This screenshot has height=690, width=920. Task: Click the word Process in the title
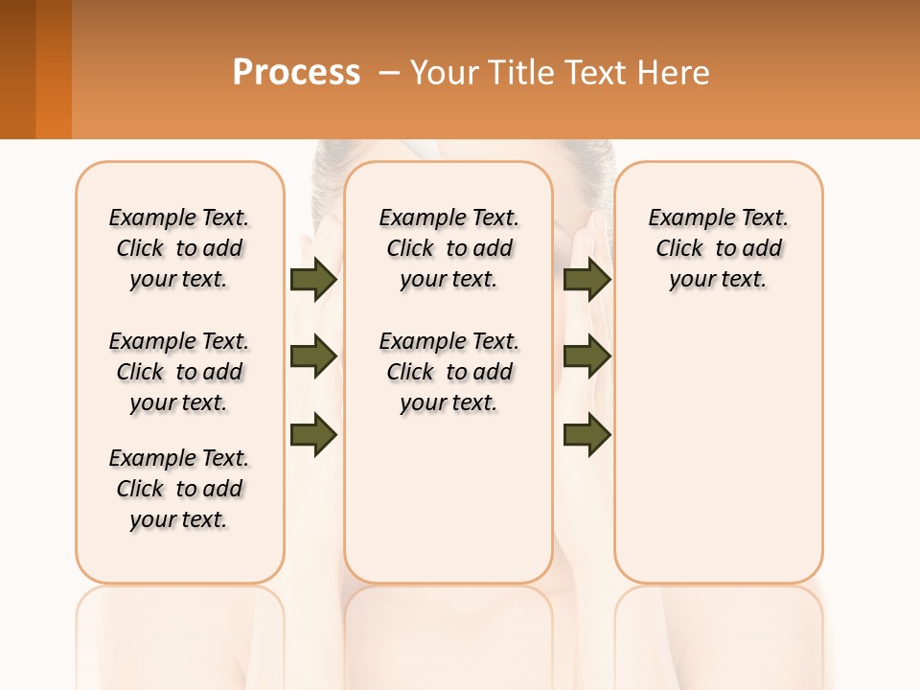296,72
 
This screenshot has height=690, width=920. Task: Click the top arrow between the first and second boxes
313,279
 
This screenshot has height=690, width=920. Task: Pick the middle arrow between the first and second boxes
313,356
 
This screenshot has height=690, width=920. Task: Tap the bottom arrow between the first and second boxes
313,434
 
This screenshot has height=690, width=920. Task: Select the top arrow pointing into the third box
586,279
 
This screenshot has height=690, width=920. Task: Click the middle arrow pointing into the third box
586,356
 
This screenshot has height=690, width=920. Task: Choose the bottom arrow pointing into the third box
586,434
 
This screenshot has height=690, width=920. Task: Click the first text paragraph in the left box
179,248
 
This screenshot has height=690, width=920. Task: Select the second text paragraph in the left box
179,372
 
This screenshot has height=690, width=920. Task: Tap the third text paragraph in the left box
179,489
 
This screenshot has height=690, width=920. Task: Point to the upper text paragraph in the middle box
448,248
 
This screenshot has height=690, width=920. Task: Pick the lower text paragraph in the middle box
448,372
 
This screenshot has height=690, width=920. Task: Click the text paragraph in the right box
718,248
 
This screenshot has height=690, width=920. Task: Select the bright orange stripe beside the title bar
54,69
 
